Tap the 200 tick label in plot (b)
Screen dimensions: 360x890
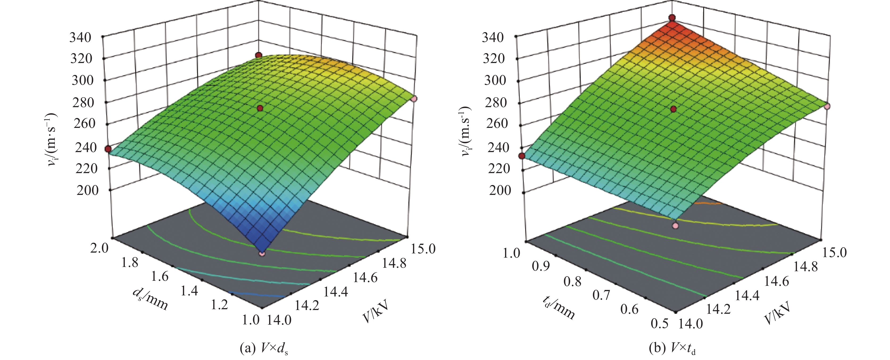point(500,190)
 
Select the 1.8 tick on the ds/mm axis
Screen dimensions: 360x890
point(130,263)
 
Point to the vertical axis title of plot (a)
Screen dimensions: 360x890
point(52,140)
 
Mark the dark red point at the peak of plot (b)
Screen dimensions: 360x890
point(672,18)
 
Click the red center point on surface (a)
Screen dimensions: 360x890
point(260,108)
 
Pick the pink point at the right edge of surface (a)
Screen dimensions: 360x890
point(414,99)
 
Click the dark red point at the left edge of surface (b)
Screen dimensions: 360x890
point(522,156)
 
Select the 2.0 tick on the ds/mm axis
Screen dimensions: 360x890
point(99,248)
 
